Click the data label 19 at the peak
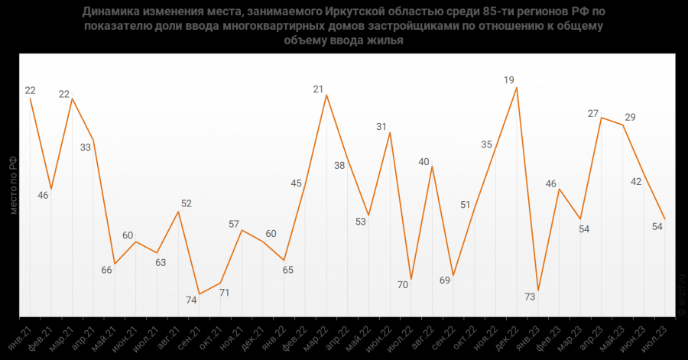click(x=508, y=79)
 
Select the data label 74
click(x=191, y=300)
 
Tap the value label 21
click(x=319, y=89)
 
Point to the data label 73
click(x=529, y=297)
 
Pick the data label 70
click(x=403, y=285)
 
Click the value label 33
click(x=86, y=147)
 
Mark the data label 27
click(x=593, y=113)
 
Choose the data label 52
click(x=187, y=204)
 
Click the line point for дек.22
click(x=517, y=87)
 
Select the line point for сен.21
click(x=200, y=294)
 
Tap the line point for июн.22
click(x=390, y=133)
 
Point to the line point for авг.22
click(x=433, y=167)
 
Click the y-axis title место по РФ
click(x=13, y=184)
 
